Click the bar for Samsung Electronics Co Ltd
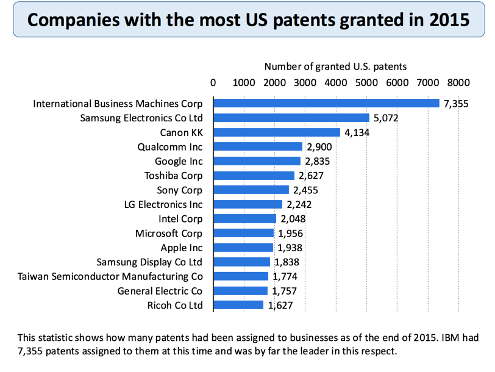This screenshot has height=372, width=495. (291, 118)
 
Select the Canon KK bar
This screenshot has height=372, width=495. (277, 132)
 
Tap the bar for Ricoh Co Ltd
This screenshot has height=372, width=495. (238, 305)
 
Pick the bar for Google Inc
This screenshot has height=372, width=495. (257, 161)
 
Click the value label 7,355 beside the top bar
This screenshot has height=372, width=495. (456, 104)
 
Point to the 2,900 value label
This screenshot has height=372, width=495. (319, 147)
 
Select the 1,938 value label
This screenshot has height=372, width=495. (290, 248)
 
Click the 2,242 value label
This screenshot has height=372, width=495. (299, 204)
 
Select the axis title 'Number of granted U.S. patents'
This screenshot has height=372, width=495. (335, 66)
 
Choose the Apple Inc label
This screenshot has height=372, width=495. (181, 248)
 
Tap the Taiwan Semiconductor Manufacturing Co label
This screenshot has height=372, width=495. (110, 276)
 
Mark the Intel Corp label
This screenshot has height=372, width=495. (181, 219)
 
